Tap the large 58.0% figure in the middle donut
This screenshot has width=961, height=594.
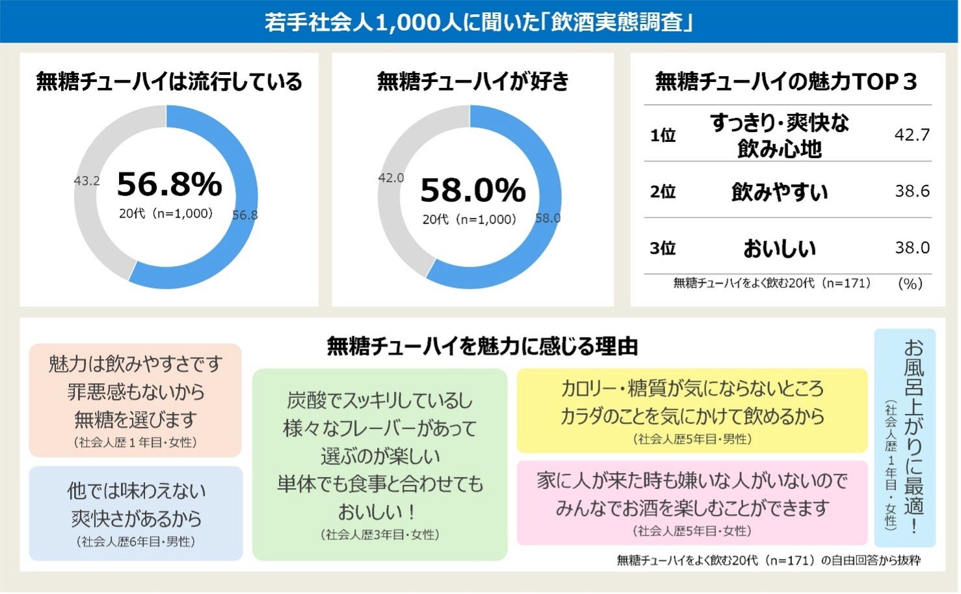[x=473, y=190]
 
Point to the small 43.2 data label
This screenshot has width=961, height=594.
[x=86, y=181]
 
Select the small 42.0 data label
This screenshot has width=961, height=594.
[x=391, y=178]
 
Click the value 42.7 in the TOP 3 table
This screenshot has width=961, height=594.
[x=912, y=135]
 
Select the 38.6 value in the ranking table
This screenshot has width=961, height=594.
[x=912, y=191]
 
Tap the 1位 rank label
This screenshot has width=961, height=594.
[x=663, y=135]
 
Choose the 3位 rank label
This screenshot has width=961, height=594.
[x=663, y=248]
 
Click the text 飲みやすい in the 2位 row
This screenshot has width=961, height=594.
[x=779, y=192]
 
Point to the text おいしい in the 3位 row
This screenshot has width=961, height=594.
[x=779, y=248]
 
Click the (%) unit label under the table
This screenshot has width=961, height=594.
[x=910, y=283]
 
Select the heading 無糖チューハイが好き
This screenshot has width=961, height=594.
[x=473, y=81]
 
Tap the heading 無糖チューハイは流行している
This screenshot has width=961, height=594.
[x=169, y=81]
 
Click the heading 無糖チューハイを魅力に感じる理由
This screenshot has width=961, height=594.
[x=482, y=346]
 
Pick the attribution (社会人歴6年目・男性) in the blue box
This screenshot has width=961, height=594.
[x=135, y=541]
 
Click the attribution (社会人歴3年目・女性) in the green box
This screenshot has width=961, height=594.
[x=380, y=535]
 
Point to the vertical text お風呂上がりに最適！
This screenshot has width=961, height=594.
[x=914, y=436]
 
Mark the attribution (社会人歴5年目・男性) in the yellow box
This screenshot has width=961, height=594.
[x=692, y=439]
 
